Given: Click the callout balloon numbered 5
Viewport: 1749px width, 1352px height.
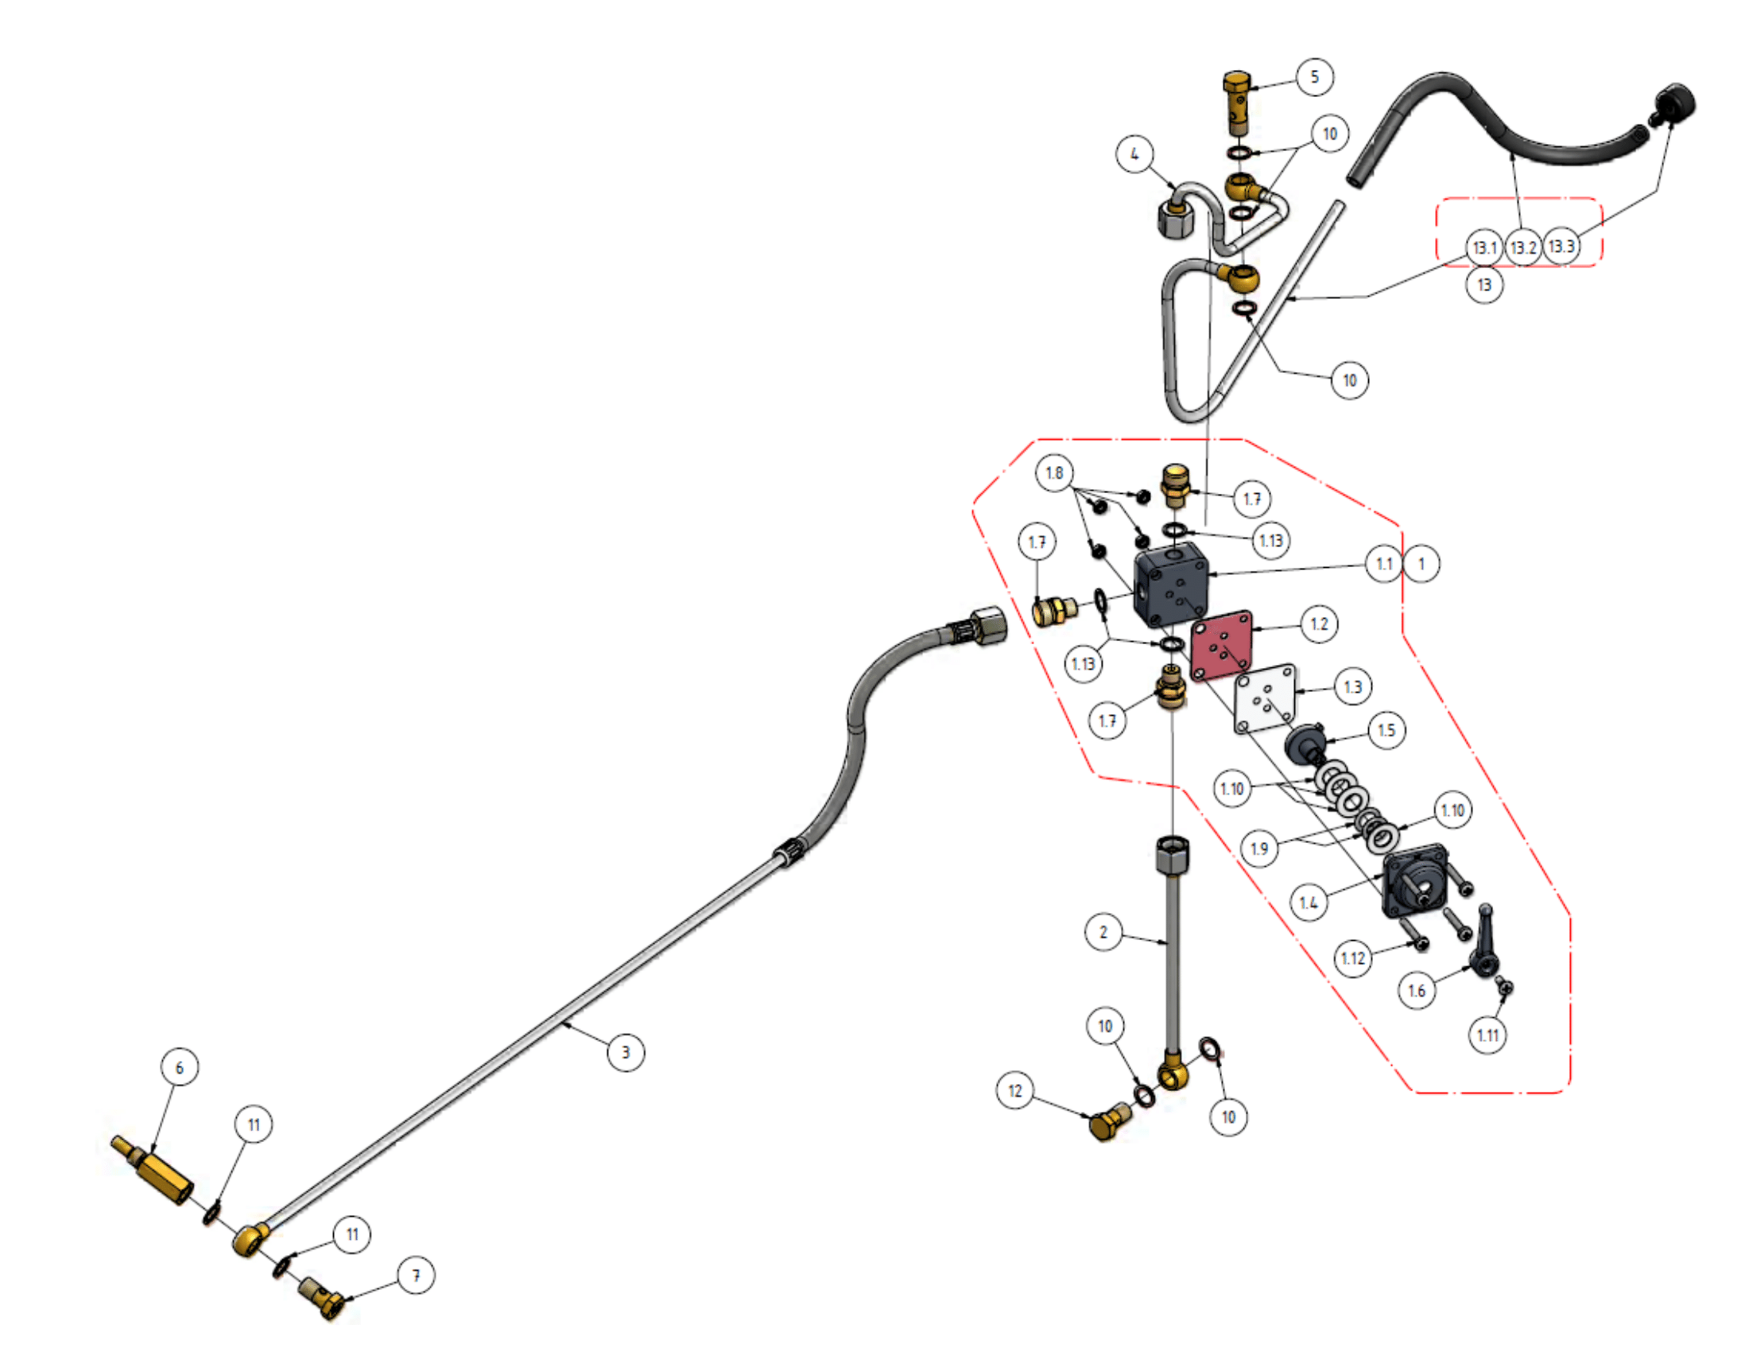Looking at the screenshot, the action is tap(1314, 77).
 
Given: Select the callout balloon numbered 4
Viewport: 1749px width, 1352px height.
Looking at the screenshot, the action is tap(1134, 153).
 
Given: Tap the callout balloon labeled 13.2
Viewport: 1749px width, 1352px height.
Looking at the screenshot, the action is tap(1522, 247).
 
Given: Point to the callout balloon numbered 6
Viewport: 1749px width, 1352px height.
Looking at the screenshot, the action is tap(180, 1066).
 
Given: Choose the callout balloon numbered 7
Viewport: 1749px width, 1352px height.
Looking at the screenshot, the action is tap(416, 1275).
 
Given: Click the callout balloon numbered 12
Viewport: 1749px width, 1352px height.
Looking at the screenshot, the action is tap(1014, 1091).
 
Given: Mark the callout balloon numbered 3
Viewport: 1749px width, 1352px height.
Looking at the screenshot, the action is tap(626, 1051).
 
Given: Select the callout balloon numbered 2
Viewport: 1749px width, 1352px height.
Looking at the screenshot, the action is tap(1103, 931).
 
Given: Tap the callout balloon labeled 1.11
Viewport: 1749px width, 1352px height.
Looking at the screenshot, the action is tap(1487, 1035).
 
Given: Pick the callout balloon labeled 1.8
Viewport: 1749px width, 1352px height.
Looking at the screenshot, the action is tap(1055, 473).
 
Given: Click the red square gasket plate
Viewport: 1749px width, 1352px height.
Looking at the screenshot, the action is tap(1221, 646).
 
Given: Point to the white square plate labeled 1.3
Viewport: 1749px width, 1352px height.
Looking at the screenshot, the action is tap(1266, 698).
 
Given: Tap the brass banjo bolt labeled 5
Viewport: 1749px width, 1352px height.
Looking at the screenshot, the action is tap(1237, 104).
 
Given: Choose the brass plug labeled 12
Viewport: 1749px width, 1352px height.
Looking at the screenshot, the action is tap(1111, 1121).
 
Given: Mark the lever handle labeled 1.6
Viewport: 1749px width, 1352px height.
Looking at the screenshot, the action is tap(1486, 940).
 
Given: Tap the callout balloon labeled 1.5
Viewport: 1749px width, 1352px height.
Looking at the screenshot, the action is tap(1386, 730).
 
